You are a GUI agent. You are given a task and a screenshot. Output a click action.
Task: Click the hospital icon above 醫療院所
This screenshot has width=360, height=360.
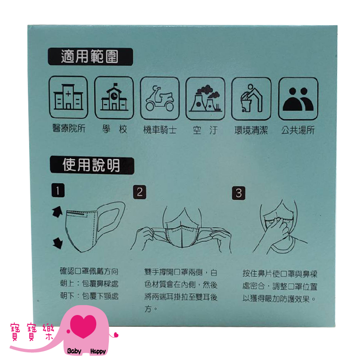point(68,97)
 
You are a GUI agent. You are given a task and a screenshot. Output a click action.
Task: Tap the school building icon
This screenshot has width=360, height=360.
point(114,98)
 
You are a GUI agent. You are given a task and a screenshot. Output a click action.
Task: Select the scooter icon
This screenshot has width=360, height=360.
point(160,98)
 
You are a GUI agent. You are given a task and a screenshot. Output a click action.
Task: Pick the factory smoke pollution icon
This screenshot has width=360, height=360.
point(205,99)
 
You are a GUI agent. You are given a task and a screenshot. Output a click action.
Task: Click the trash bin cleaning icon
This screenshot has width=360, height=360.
point(251,99)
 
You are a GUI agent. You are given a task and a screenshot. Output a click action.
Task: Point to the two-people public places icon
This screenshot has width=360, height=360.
point(298,99)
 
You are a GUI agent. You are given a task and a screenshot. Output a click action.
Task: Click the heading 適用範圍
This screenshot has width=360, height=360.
point(90,57)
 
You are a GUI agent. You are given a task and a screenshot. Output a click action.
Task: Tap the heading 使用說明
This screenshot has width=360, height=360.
point(92,165)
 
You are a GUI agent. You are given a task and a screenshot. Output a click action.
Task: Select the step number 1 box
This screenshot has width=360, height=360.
point(58,190)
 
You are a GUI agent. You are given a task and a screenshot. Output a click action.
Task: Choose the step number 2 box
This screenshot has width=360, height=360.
point(139,192)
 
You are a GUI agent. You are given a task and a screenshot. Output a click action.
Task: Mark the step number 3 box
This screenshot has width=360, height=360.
point(238,193)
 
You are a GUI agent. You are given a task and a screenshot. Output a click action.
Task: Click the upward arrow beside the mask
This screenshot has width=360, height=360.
point(57,211)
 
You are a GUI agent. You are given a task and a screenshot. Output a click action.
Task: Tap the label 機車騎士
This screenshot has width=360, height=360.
point(160,130)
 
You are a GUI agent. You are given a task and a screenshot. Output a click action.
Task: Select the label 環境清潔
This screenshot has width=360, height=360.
point(251,130)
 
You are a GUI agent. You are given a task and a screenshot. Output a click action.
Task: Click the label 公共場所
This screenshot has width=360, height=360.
point(298,130)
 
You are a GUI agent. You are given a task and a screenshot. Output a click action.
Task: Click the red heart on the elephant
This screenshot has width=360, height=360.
point(83,326)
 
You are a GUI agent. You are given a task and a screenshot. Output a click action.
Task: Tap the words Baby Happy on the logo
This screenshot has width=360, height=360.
point(86,351)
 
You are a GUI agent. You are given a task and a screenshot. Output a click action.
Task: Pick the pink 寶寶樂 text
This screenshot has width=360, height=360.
point(32,332)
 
